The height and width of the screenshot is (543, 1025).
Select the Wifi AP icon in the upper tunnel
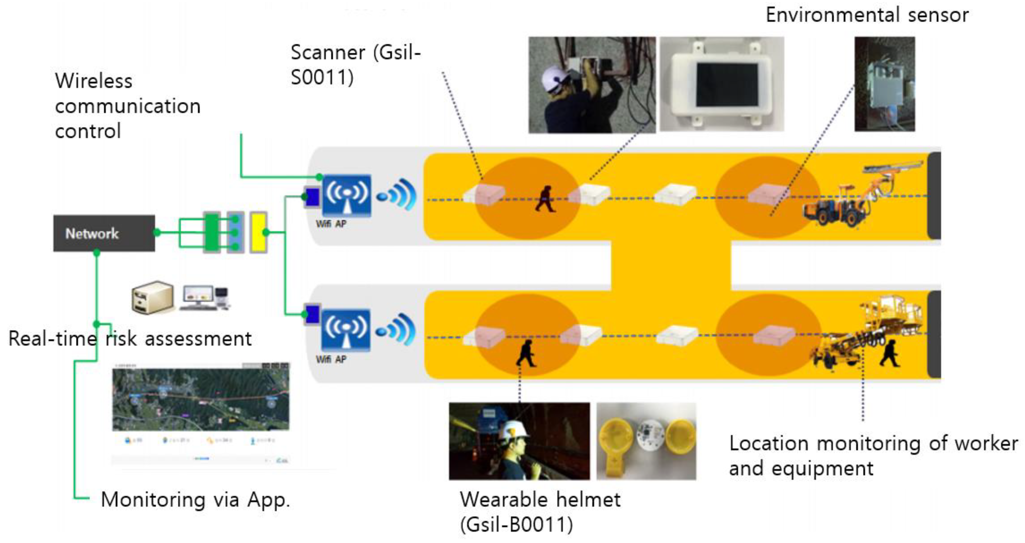coord(346,195)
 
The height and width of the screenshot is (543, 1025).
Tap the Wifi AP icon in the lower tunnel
coord(346,330)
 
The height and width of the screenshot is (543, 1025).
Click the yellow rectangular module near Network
coord(258,232)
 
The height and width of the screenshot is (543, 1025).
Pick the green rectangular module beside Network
coord(211,232)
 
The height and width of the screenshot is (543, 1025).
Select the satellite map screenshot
coord(201,399)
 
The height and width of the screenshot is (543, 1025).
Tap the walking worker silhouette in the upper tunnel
coord(545,199)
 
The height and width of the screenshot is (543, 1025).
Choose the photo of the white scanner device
coord(722,84)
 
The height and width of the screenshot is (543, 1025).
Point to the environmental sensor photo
coord(884,84)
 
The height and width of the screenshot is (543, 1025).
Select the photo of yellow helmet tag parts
coord(646,441)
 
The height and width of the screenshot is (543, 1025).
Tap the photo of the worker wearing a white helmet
coord(519,441)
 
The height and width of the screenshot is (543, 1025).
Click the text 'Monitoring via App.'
coord(195,500)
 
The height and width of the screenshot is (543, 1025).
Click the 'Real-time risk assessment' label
coord(130,339)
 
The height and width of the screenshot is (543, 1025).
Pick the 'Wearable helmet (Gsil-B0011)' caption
coord(540,511)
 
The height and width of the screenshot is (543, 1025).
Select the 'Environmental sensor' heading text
coord(867,15)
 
